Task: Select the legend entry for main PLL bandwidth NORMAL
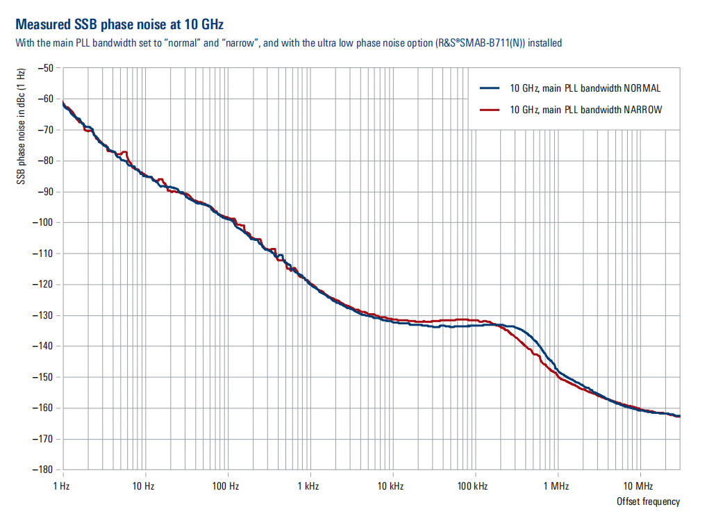click(585, 88)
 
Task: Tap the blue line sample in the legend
click(490, 88)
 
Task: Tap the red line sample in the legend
click(490, 110)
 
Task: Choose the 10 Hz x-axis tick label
click(144, 485)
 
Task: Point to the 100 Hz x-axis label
click(226, 485)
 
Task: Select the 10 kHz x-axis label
click(392, 485)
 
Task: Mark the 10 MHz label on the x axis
click(638, 485)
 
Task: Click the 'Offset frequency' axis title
click(648, 501)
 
